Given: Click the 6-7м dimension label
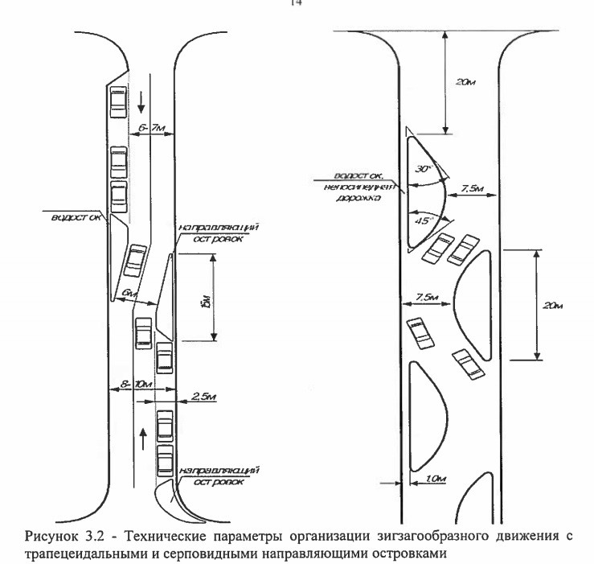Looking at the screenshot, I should pyautogui.click(x=151, y=128).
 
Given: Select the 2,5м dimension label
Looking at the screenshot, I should pyautogui.click(x=204, y=397).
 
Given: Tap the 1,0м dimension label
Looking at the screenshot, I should pyautogui.click(x=433, y=480).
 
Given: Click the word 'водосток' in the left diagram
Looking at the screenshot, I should pyautogui.click(x=76, y=218).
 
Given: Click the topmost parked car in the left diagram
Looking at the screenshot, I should pyautogui.click(x=118, y=101).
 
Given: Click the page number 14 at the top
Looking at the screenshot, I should pyautogui.click(x=296, y=4).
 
